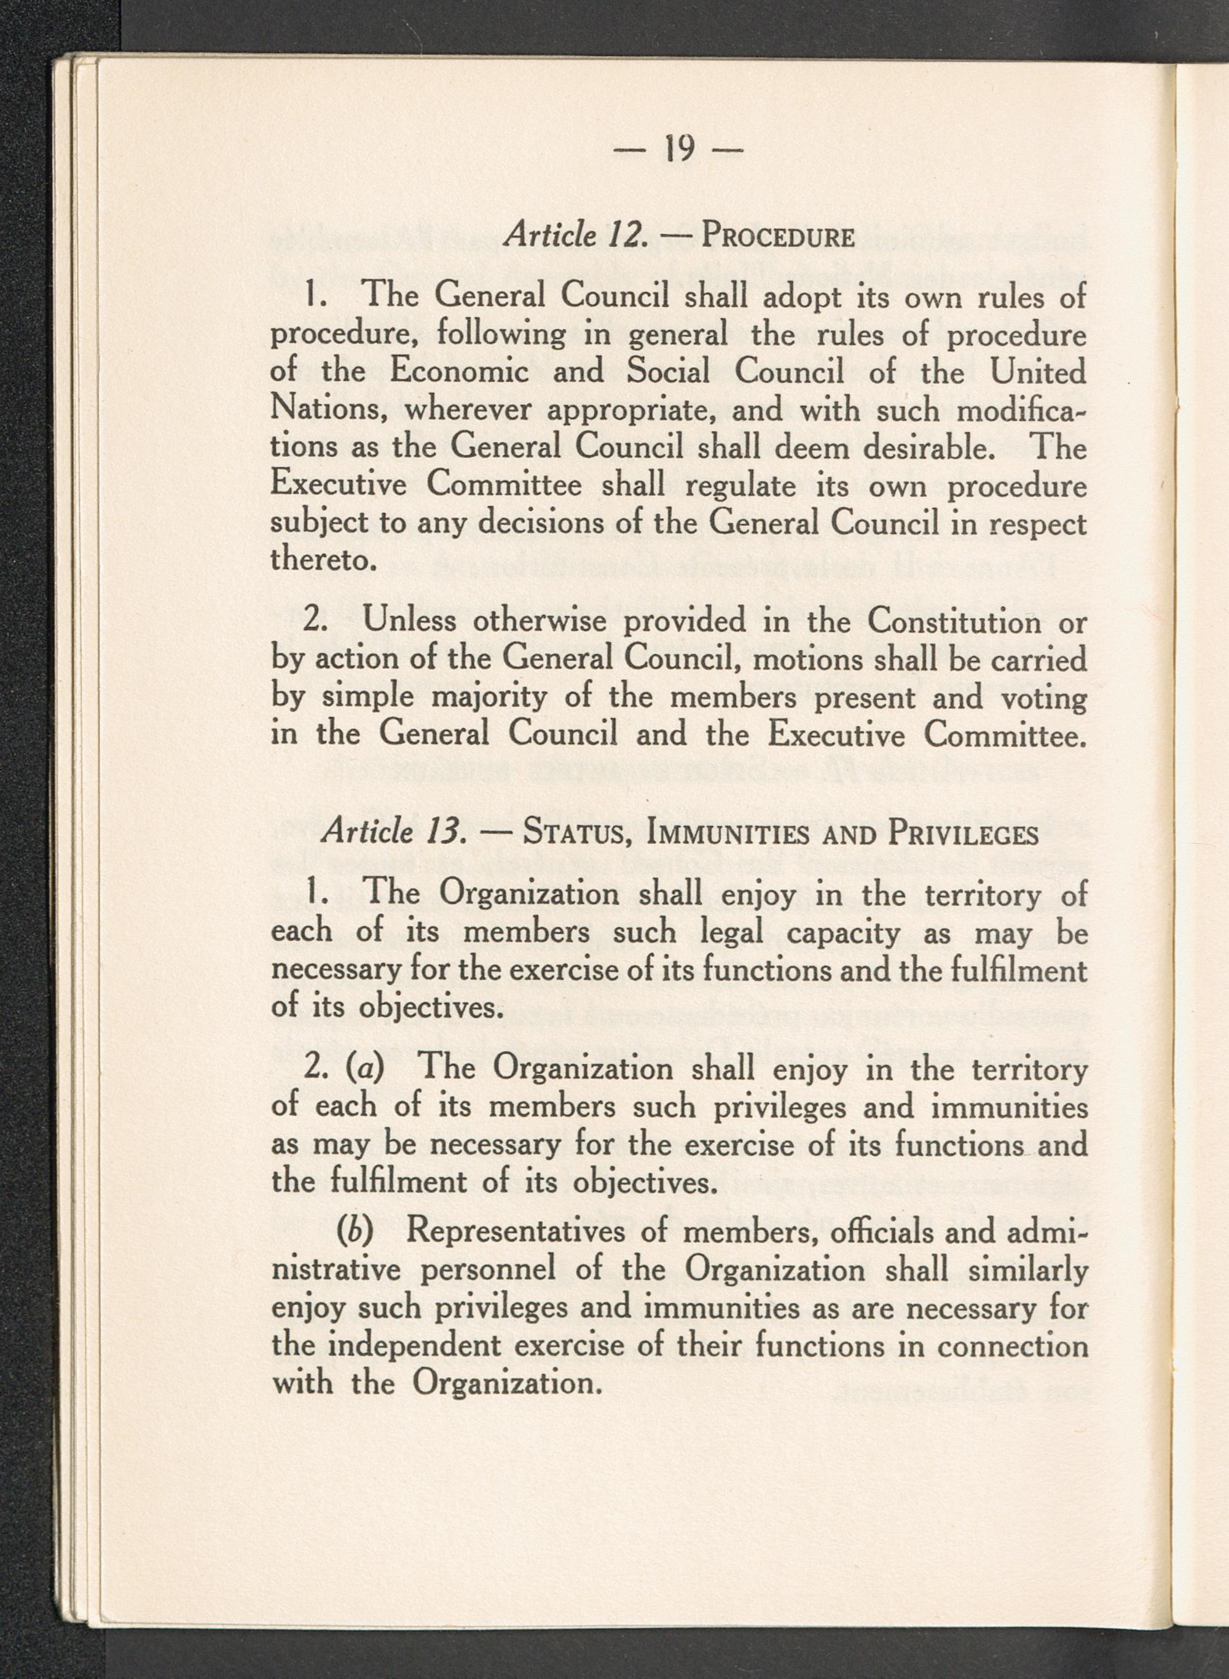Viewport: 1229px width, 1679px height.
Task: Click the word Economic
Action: tap(459, 372)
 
